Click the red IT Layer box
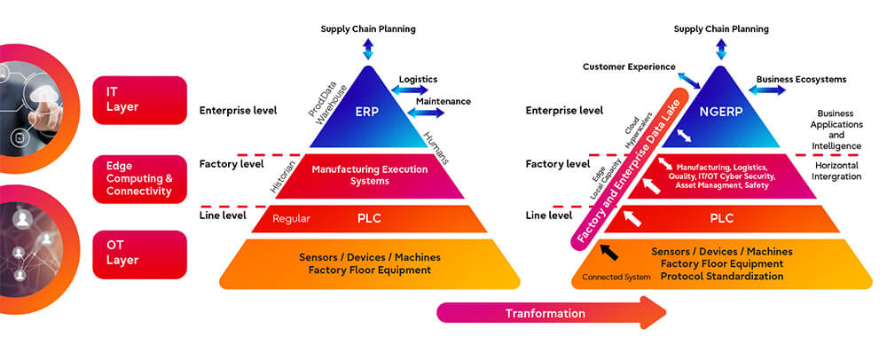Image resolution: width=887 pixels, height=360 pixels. [140, 100]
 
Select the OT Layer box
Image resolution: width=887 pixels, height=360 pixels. [140, 254]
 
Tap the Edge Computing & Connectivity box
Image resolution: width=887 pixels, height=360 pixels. [140, 178]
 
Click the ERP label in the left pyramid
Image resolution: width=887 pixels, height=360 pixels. [368, 112]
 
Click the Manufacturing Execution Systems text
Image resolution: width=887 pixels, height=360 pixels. [370, 176]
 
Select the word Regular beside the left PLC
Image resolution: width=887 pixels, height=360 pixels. [291, 219]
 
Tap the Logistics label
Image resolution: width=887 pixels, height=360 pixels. [418, 79]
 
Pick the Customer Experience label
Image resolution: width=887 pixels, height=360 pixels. [629, 67]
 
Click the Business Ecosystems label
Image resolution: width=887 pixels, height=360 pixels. [802, 79]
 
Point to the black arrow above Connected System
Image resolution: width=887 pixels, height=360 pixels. [608, 252]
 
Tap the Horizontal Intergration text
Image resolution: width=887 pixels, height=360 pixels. [836, 171]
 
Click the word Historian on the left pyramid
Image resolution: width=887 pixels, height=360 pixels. [283, 177]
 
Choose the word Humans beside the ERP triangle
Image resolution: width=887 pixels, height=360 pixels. [436, 147]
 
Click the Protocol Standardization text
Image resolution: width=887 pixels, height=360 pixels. [722, 277]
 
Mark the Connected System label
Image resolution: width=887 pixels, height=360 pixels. [616, 277]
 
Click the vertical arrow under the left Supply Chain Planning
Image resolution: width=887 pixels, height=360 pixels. [368, 49]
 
